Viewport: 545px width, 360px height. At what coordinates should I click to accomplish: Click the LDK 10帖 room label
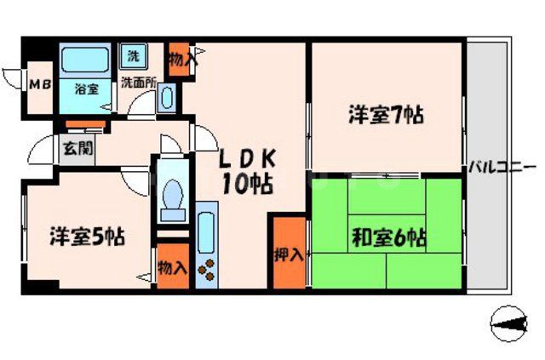[248, 170]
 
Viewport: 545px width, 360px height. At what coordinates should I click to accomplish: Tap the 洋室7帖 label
[386, 115]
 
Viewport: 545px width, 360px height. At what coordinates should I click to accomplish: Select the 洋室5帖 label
[86, 236]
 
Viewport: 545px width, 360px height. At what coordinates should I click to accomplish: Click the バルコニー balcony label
[502, 167]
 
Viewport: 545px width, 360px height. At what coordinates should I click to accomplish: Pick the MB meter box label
[39, 84]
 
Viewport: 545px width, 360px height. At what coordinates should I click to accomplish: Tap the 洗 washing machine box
[133, 56]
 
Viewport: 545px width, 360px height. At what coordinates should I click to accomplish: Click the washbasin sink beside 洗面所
[167, 99]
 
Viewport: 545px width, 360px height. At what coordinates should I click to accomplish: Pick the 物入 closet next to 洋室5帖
[172, 268]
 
